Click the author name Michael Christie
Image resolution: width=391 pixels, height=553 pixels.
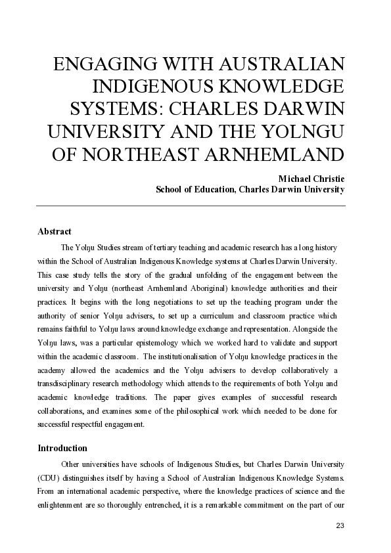coord(311,178)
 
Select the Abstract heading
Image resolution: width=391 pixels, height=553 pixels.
coord(55,232)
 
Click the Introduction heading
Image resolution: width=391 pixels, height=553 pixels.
coord(62,449)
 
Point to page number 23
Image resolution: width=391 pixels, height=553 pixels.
coord(340,525)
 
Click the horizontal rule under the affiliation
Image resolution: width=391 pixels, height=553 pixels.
coord(191,206)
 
